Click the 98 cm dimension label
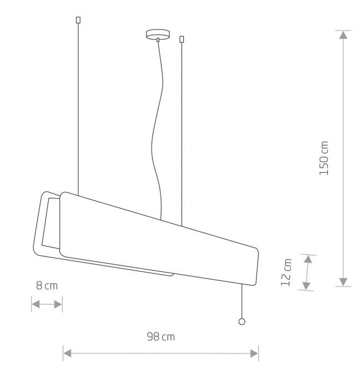click(x=161, y=337)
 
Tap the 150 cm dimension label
click(x=324, y=158)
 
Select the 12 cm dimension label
click(x=286, y=273)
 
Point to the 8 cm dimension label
click(x=47, y=286)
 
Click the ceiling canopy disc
click(x=158, y=34)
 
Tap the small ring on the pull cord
click(x=242, y=322)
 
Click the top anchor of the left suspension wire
click(x=78, y=20)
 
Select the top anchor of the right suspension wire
click(x=182, y=39)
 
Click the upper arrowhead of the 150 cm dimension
click(x=343, y=35)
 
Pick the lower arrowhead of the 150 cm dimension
click(x=343, y=282)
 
